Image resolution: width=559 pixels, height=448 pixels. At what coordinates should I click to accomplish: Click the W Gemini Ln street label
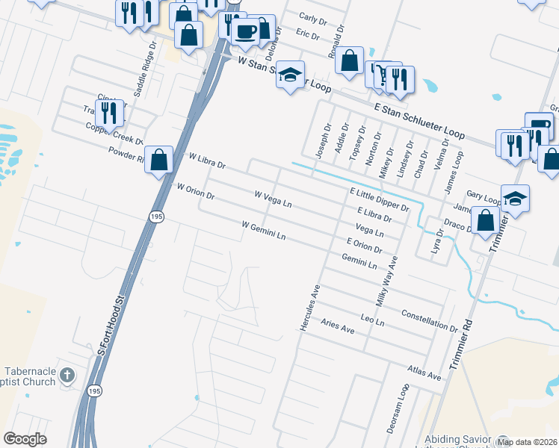point(264,230)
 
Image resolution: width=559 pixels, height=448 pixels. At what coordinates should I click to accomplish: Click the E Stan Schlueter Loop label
point(420,122)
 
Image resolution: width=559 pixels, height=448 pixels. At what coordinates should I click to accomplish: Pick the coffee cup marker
point(245,31)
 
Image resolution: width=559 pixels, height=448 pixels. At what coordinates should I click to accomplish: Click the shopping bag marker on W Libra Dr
point(158,159)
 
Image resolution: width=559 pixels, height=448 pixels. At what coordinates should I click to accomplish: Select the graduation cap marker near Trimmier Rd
point(515,198)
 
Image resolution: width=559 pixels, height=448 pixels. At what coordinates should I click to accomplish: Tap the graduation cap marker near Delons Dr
point(290,74)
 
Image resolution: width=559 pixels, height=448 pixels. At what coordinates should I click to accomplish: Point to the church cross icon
point(67,374)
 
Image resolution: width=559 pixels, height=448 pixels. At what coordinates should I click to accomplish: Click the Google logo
point(25,438)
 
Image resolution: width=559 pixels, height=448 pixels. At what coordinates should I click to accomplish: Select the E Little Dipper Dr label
point(380,199)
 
